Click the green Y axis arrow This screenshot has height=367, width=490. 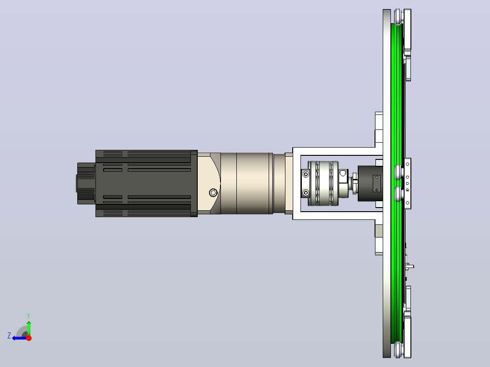point(29,328)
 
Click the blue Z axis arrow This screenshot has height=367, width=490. point(20,338)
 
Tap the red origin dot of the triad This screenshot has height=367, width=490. point(29,338)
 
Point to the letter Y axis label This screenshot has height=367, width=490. point(29,316)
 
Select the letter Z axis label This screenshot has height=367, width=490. point(9,336)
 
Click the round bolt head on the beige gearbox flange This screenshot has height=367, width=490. point(213,193)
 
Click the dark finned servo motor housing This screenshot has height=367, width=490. point(146,183)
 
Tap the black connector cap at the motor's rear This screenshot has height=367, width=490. point(85,183)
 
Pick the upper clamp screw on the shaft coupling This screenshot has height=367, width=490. point(306,174)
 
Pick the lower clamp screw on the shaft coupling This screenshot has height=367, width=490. point(306,193)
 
